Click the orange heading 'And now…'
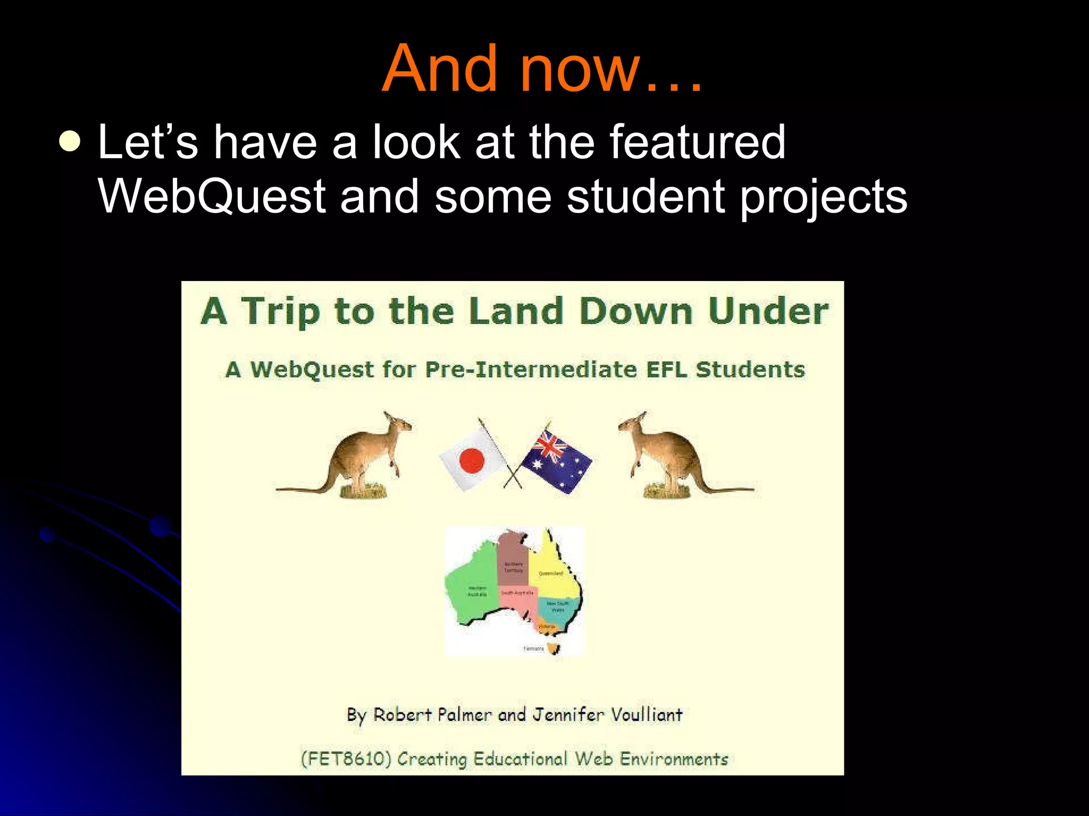click(x=542, y=69)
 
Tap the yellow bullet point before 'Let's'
click(x=70, y=142)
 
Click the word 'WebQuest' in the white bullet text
click(x=212, y=197)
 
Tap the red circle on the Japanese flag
click(x=472, y=460)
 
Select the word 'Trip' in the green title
click(x=280, y=312)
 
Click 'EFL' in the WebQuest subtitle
click(x=666, y=369)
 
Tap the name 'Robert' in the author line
click(x=402, y=715)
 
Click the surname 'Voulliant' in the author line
click(x=646, y=715)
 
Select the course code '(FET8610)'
click(x=346, y=758)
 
